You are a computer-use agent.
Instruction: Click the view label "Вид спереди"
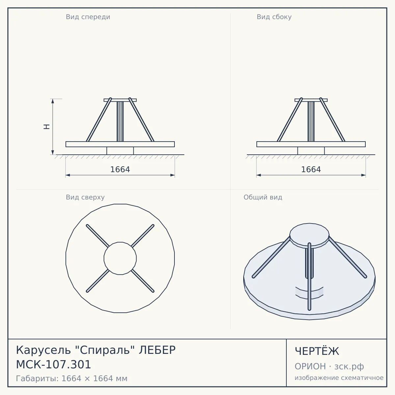(88, 17)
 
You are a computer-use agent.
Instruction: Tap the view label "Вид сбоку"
(274, 17)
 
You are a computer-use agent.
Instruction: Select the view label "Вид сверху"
(85, 197)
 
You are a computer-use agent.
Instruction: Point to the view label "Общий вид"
(263, 197)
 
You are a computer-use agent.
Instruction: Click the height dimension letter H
(47, 127)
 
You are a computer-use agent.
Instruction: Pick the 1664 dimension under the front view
(120, 170)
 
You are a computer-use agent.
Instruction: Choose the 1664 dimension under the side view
(311, 170)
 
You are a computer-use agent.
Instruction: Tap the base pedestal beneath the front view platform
(120, 151)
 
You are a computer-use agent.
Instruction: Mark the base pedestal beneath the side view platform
(311, 151)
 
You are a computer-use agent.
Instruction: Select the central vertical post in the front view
(120, 121)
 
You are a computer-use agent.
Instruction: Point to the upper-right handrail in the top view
(143, 236)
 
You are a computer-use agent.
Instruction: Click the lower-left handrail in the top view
(97, 281)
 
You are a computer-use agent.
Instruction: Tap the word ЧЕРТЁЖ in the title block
(317, 351)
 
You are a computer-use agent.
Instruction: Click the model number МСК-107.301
(54, 365)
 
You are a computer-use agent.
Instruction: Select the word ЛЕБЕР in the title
(157, 350)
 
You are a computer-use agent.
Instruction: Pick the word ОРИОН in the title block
(310, 366)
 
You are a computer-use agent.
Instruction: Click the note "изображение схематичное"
(339, 378)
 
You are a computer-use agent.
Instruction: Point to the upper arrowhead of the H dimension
(53, 101)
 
